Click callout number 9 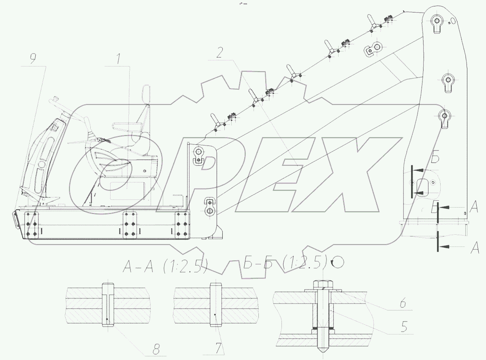pos(33,58)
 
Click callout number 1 pos(118,58)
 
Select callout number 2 pos(220,53)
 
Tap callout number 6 pos(403,303)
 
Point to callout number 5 pos(404,327)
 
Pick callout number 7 pos(218,348)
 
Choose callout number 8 pos(156,349)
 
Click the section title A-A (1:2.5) pos(165,266)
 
